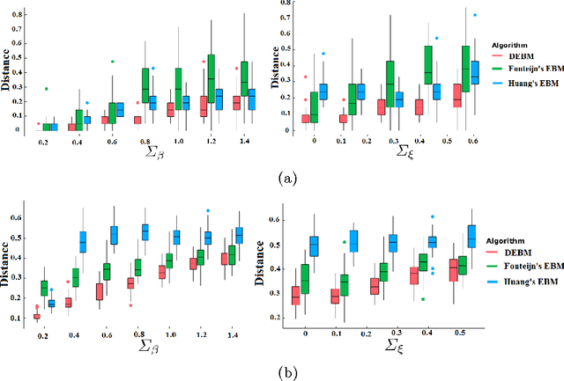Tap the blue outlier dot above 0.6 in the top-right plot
(x=500, y=15)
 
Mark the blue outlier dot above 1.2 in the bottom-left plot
(x=208, y=211)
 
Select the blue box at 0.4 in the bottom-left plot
(x=84, y=241)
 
